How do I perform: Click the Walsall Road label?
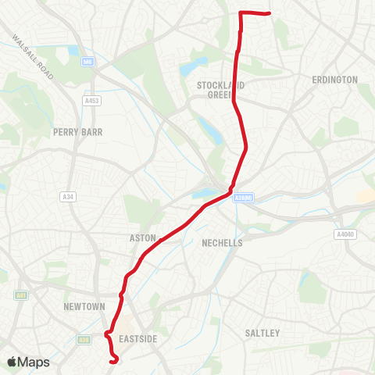click(33, 55)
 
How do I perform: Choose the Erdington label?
click(334, 80)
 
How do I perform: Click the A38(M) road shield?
click(242, 198)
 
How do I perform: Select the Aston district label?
click(143, 237)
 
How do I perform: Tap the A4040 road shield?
click(345, 234)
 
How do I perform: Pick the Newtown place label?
click(84, 307)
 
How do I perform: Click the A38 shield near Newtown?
click(84, 339)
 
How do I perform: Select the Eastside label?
click(140, 338)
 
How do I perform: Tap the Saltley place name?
click(262, 333)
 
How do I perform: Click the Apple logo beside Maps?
click(12, 362)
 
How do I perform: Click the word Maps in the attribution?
click(34, 362)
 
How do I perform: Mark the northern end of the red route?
click(268, 13)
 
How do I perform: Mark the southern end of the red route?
click(115, 362)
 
